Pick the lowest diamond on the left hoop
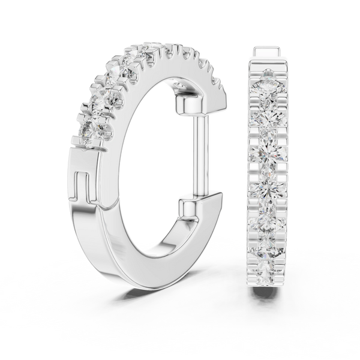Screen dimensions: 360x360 coord(90,130)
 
